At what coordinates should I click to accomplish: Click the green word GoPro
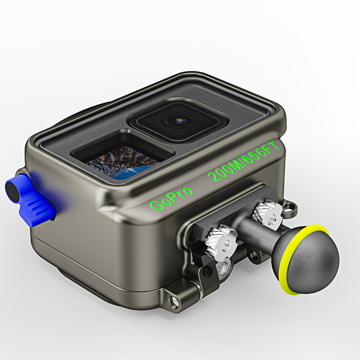[x=171, y=198]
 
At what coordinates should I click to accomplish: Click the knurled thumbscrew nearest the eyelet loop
[x=267, y=212]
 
